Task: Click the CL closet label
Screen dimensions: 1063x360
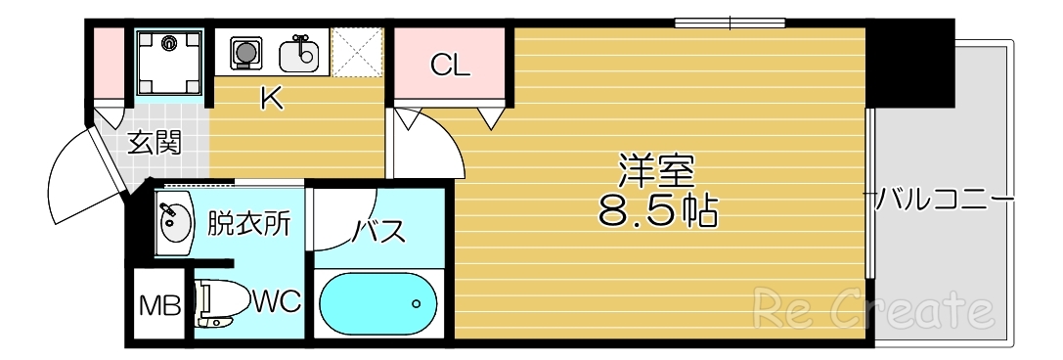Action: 451,67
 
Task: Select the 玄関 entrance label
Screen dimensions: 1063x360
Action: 155,143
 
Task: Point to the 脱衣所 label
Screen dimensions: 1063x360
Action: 248,225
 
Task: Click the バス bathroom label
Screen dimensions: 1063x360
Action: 378,233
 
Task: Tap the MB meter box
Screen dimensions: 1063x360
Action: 158,306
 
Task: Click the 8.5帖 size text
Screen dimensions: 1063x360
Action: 657,210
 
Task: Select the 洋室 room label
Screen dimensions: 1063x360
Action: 655,170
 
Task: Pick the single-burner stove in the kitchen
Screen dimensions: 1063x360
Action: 246,51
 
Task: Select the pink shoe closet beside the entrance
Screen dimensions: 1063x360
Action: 109,64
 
